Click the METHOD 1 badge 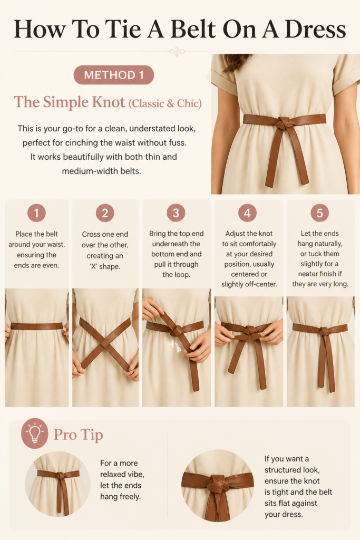click(x=113, y=75)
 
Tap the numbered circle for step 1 click(x=36, y=213)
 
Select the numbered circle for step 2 click(x=105, y=213)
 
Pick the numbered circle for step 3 click(x=176, y=213)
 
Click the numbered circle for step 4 click(x=247, y=213)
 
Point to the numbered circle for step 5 click(x=319, y=213)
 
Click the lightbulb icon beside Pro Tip click(x=34, y=433)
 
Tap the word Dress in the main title click(x=315, y=30)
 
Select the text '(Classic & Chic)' click(x=165, y=103)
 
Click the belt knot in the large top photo click(x=284, y=123)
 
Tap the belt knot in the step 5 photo click(x=324, y=332)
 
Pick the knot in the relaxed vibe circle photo click(x=61, y=476)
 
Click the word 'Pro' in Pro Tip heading click(x=65, y=435)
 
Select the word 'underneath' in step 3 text click(x=176, y=244)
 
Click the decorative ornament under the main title click(x=177, y=52)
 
